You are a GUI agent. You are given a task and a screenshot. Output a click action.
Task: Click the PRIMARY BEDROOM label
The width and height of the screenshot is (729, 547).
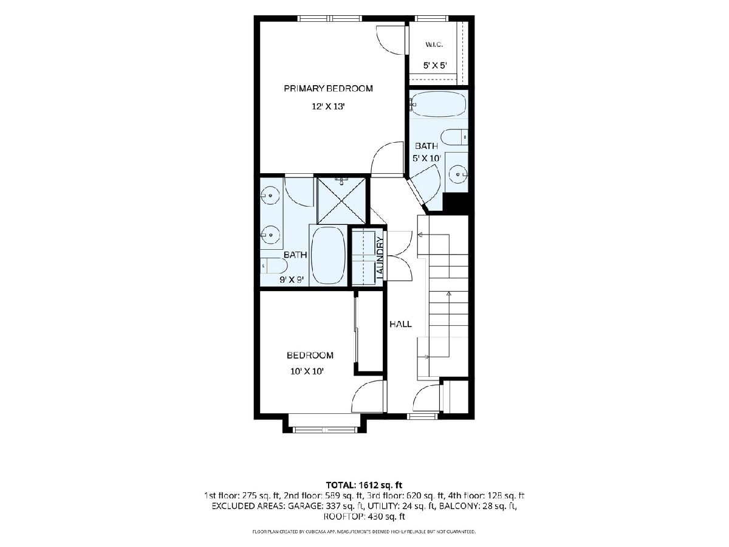click(328, 88)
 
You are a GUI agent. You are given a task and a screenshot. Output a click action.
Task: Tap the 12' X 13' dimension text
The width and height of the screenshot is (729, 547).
click(328, 106)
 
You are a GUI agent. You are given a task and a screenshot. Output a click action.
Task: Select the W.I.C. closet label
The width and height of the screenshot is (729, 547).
click(434, 44)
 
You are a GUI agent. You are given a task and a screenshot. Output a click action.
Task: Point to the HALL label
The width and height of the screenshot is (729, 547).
click(400, 324)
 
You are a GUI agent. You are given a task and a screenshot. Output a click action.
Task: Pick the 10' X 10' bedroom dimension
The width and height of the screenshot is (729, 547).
click(307, 371)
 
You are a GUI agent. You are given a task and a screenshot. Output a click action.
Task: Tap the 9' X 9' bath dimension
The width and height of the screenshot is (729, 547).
click(292, 280)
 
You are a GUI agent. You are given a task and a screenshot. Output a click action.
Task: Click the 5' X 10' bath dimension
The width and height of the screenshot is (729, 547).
click(427, 158)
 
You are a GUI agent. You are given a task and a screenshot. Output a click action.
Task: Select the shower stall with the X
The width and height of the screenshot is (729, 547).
click(341, 201)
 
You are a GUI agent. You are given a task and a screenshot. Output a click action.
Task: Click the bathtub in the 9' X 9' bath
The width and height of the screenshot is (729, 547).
click(329, 255)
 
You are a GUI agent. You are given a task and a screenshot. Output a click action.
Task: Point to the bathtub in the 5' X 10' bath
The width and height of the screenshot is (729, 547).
click(438, 104)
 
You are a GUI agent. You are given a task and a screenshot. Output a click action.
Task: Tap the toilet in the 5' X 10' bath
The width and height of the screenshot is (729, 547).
click(454, 137)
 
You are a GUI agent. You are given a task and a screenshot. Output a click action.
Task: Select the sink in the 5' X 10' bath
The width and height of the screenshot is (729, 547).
click(458, 174)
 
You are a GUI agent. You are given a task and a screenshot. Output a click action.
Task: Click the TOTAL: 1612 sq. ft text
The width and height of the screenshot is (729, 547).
click(364, 485)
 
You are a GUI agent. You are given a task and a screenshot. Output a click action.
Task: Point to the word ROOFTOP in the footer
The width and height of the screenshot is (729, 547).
click(343, 517)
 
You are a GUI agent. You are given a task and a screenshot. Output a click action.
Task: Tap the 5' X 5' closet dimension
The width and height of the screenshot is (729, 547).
click(435, 66)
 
